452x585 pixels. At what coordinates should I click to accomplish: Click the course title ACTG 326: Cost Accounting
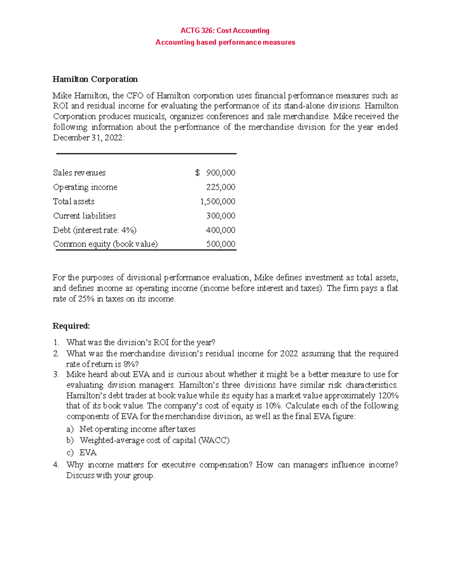pyautogui.click(x=225, y=31)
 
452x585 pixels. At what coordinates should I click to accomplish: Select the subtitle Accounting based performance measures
pyautogui.click(x=225, y=42)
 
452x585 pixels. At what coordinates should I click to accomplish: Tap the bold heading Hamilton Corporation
pyautogui.click(x=95, y=79)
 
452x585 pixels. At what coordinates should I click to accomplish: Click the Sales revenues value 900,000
pyautogui.click(x=220, y=173)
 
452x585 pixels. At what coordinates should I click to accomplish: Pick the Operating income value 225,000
pyautogui.click(x=220, y=187)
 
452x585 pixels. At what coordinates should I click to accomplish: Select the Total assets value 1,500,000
pyautogui.click(x=217, y=202)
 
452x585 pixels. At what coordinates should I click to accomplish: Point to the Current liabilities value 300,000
pyautogui.click(x=220, y=216)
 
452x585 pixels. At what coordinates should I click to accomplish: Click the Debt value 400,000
pyautogui.click(x=220, y=230)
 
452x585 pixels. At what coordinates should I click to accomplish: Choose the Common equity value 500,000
pyautogui.click(x=220, y=244)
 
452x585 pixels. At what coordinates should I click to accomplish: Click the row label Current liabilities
pyautogui.click(x=84, y=216)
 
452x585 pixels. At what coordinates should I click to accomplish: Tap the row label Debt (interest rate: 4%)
pyautogui.click(x=95, y=230)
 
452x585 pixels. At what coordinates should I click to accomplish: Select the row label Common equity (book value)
pyautogui.click(x=105, y=244)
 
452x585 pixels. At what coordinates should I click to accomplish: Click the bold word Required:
pyautogui.click(x=71, y=326)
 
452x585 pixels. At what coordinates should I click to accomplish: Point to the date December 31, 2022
pyautogui.click(x=88, y=138)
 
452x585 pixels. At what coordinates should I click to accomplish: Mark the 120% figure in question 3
pyautogui.click(x=389, y=396)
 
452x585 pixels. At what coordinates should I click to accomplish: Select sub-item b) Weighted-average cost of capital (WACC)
pyautogui.click(x=154, y=440)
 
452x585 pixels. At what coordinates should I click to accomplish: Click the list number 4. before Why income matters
pyautogui.click(x=56, y=465)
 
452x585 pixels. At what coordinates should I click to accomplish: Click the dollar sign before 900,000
pyautogui.click(x=197, y=173)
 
